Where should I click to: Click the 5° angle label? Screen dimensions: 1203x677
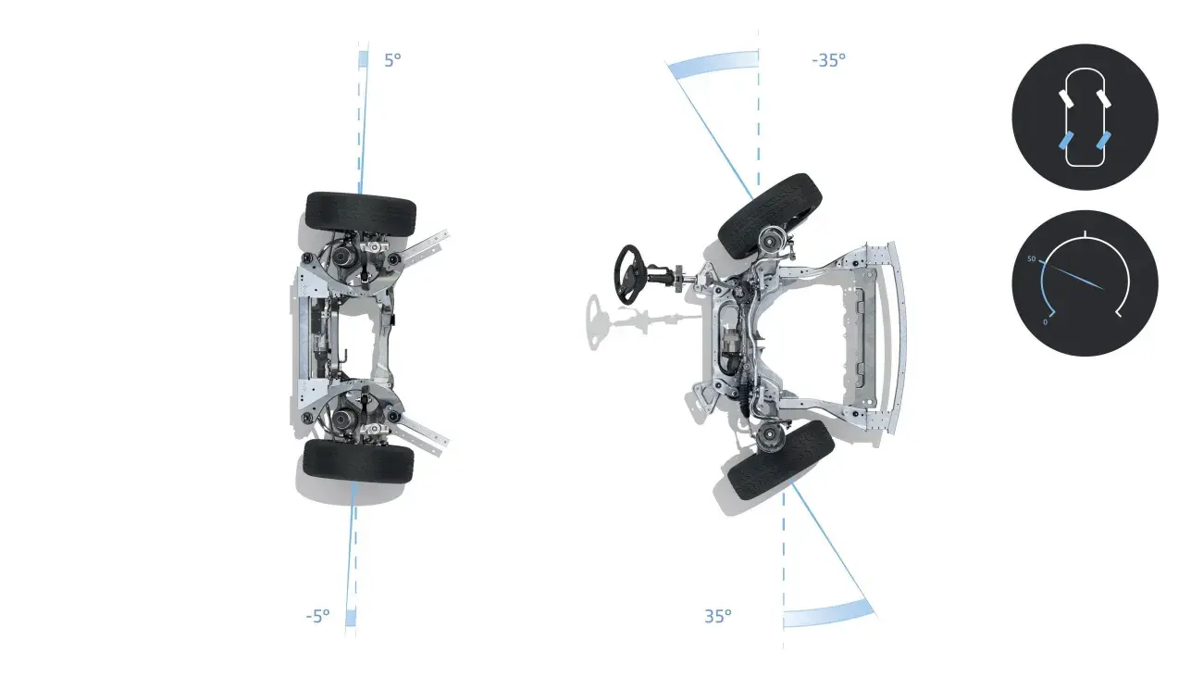392,60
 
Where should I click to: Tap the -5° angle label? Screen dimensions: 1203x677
318,616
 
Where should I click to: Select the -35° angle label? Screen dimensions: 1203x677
828,60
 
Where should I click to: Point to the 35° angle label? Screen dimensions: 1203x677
718,616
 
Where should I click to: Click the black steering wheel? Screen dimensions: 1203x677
627,275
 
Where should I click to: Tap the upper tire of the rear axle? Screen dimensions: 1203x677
361,214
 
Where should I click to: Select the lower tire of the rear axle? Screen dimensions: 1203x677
358,461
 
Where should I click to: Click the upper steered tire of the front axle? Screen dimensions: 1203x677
770,216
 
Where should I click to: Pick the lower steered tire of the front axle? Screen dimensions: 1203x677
781,460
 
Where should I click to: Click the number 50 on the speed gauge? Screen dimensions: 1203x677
1031,259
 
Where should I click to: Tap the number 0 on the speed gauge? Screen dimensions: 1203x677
1045,322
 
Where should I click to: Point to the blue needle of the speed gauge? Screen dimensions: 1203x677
1072,275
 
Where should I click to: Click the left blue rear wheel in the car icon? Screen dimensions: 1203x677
1065,140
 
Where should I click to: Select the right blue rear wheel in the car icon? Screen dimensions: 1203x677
1104,140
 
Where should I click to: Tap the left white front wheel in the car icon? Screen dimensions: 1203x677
1066,99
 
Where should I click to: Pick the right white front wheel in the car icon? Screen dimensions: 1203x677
1104,99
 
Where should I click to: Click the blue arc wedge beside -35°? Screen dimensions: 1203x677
713,63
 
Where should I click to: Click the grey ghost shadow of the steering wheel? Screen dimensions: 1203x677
595,322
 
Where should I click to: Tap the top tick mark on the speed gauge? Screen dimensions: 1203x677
1085,233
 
